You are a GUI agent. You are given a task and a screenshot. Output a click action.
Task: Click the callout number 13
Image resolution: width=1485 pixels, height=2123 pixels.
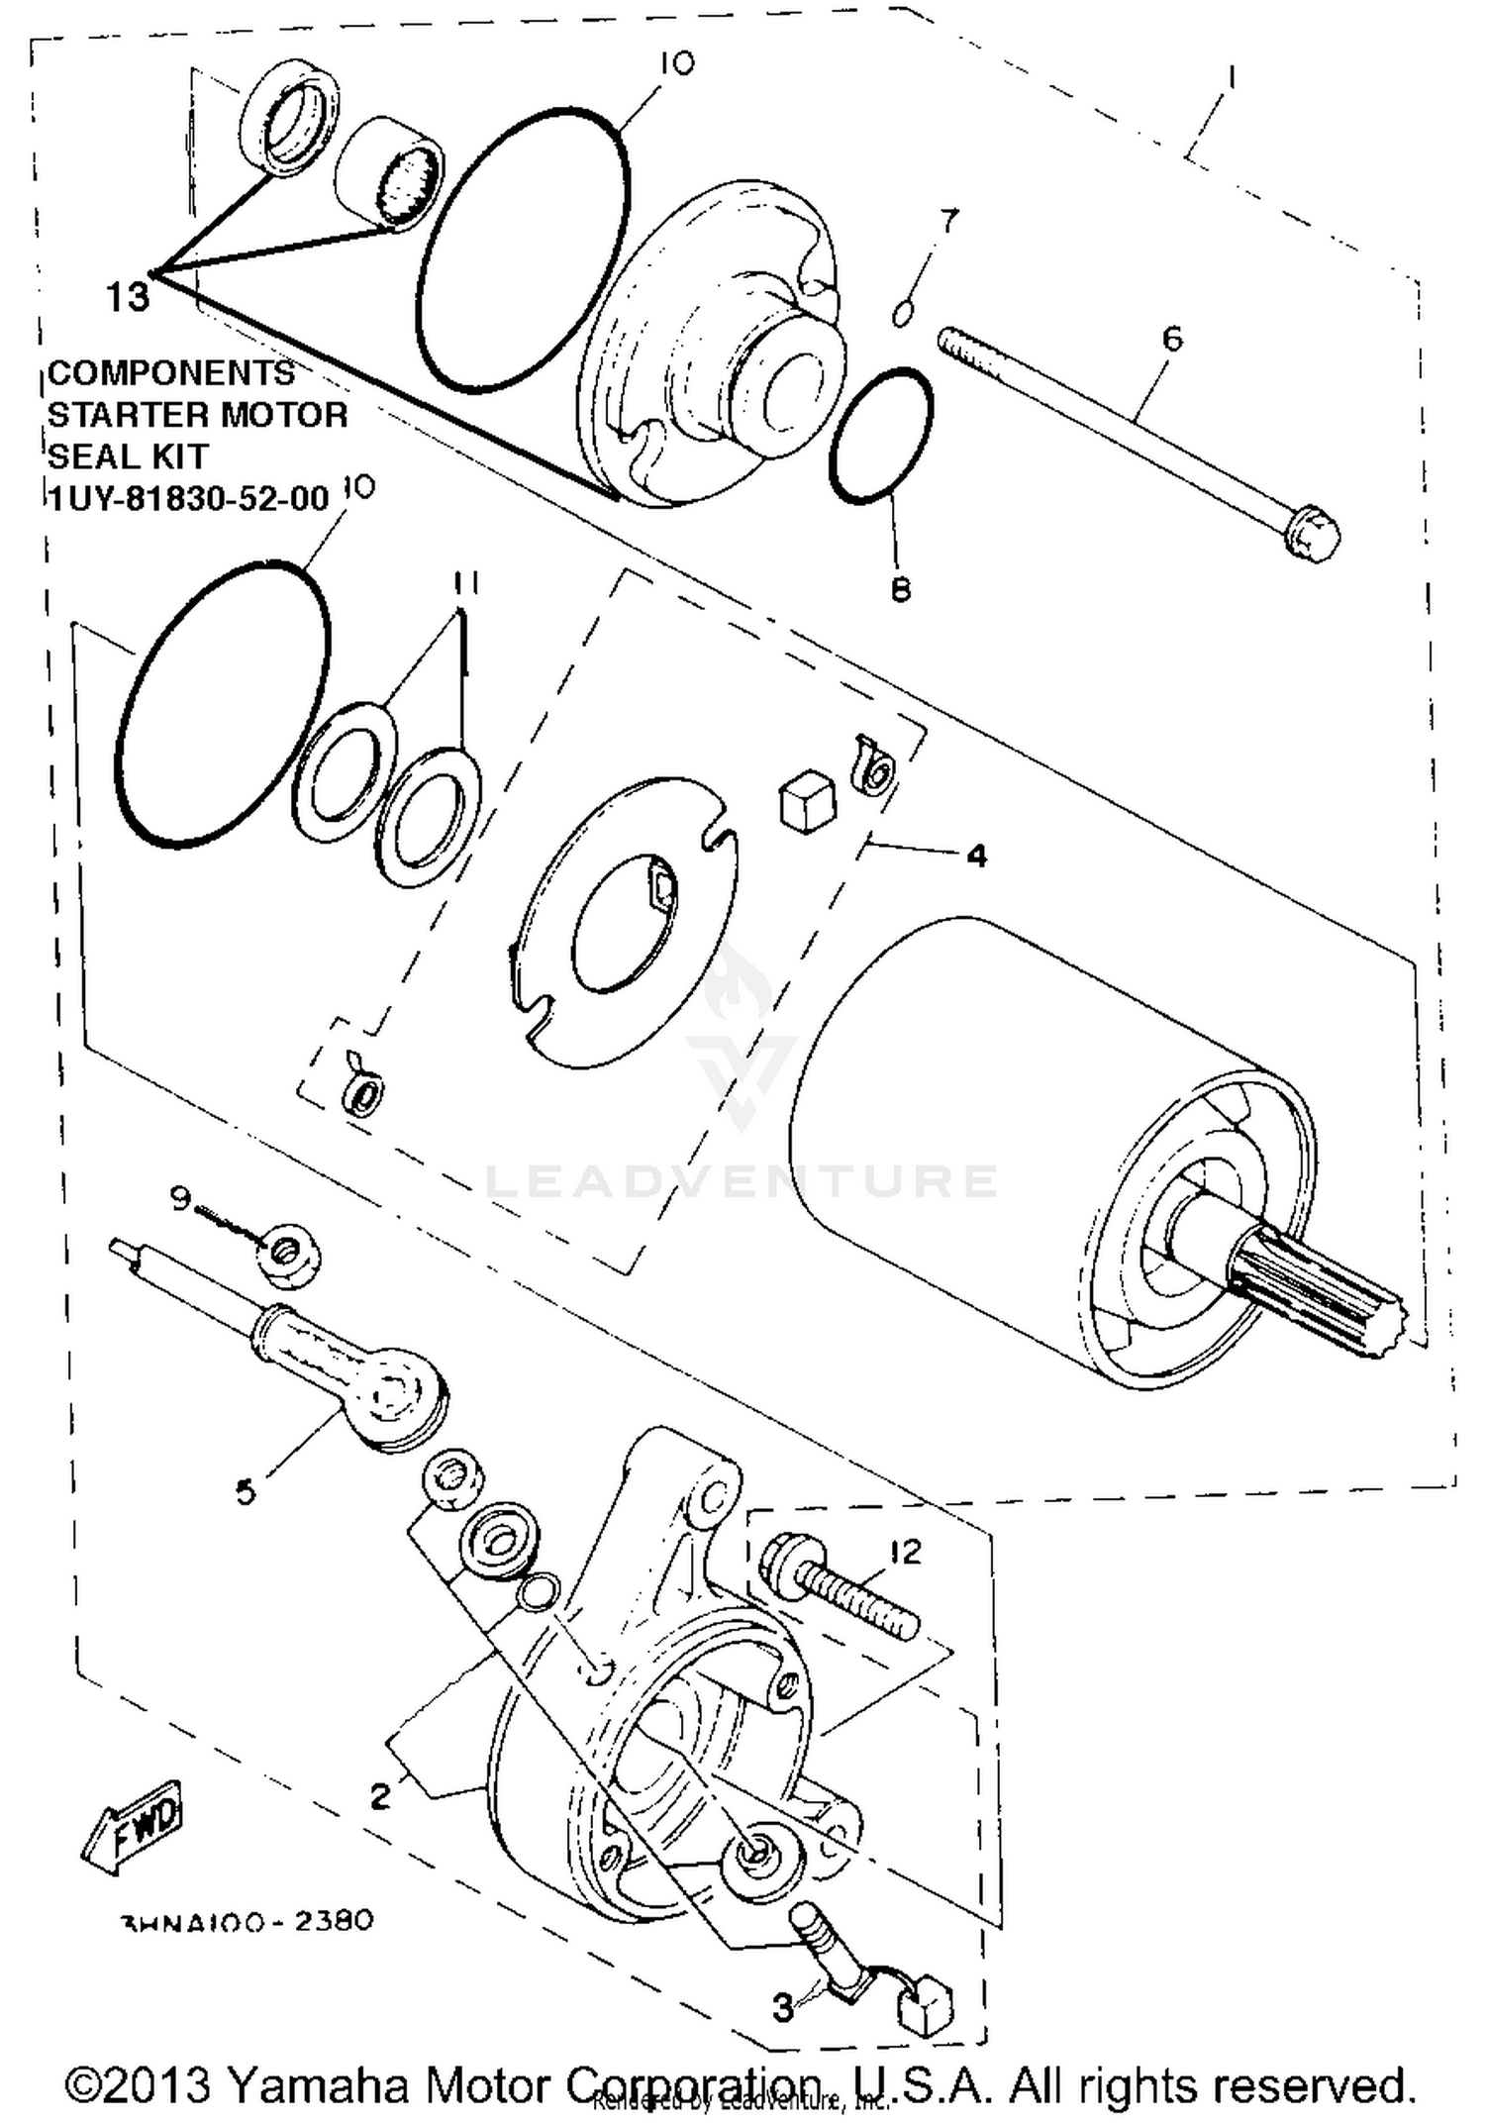tap(128, 296)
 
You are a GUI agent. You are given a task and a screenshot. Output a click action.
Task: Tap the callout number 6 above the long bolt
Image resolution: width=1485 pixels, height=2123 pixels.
tap(1172, 340)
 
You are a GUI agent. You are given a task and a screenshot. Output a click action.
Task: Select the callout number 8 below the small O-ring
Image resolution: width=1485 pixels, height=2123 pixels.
tap(900, 590)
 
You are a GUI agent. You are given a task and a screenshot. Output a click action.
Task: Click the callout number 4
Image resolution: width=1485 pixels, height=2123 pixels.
tap(976, 856)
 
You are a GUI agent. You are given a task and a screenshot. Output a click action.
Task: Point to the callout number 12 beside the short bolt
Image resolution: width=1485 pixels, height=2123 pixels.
tap(905, 1551)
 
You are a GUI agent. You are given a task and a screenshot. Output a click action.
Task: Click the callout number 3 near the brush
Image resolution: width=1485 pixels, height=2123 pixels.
tap(783, 2009)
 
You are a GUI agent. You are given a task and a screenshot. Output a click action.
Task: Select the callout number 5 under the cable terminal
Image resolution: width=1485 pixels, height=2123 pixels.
tap(246, 1490)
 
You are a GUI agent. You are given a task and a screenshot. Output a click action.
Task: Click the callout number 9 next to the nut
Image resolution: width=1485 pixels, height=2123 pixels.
tap(179, 1199)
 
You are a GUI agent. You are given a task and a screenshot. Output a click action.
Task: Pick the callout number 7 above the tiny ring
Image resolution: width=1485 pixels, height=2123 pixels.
tap(948, 221)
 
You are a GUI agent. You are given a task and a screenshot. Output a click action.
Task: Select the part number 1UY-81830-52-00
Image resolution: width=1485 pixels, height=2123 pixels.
tap(188, 498)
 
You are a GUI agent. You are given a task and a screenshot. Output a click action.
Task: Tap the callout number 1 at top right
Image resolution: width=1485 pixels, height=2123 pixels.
tap(1231, 75)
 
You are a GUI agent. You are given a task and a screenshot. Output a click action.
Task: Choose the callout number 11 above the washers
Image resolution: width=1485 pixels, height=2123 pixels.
tap(466, 584)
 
